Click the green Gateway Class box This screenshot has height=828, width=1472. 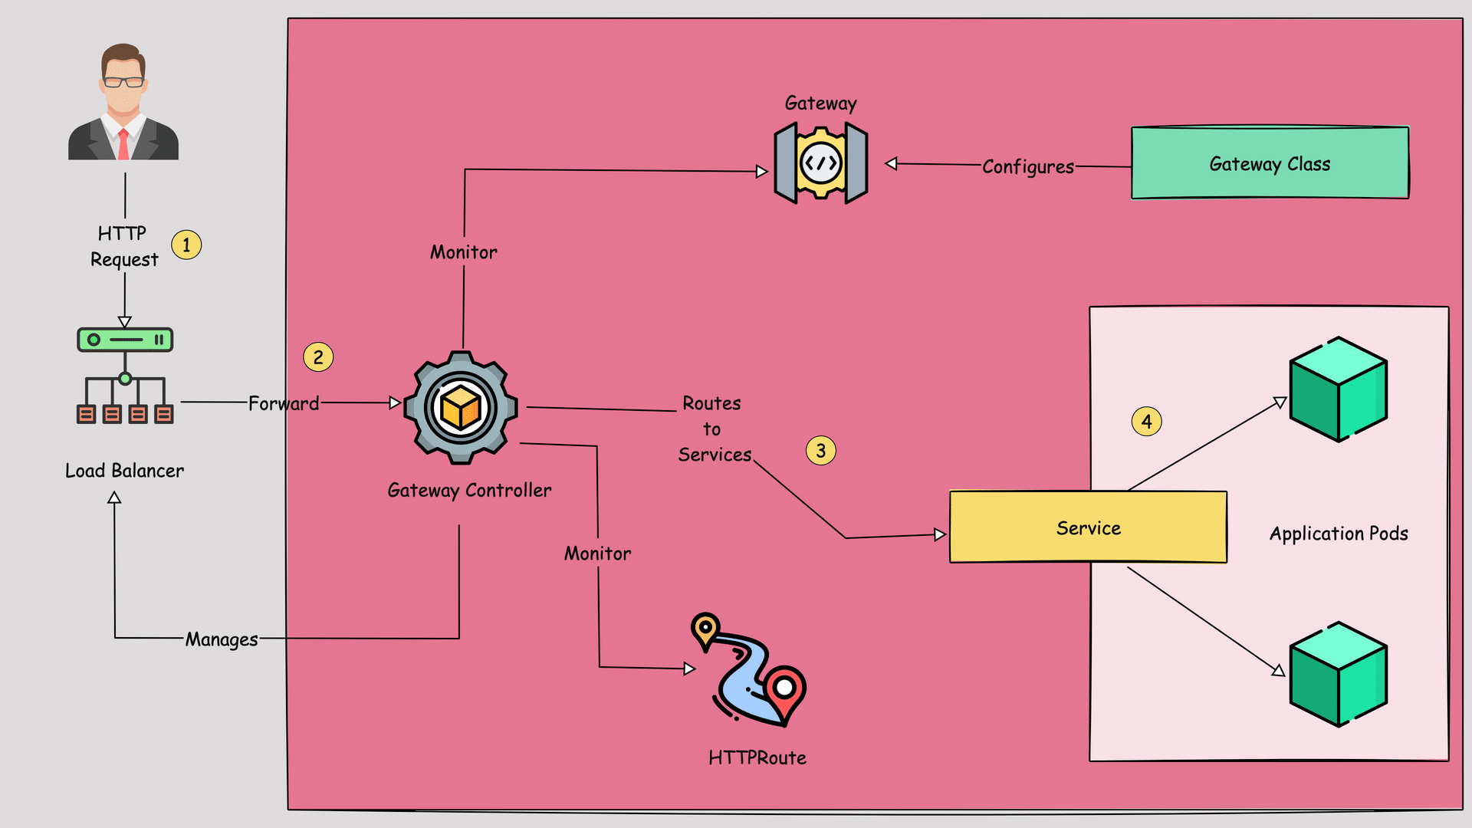pos(1270,163)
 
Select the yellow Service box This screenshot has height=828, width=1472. pos(1088,527)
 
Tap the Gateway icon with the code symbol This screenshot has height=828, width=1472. pos(821,163)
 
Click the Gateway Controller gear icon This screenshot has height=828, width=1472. pos(461,407)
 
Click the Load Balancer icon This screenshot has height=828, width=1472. pos(125,376)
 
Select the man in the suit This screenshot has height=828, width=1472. pos(123,101)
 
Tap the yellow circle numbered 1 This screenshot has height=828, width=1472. pos(186,245)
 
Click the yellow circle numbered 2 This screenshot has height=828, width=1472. pos(318,357)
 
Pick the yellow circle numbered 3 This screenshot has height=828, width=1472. pos(821,451)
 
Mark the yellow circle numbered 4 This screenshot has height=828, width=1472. pos(1147,421)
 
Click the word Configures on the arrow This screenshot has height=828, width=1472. pos(1028,166)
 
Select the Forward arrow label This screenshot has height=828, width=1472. pos(284,403)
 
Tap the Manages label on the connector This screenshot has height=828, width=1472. pos(222,639)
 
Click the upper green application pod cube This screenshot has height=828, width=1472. pos(1339,389)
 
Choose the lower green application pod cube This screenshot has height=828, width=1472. pos(1339,675)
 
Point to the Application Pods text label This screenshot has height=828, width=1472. pos(1339,534)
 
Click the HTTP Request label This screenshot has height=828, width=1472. pos(124,246)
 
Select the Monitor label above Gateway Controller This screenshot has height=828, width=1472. pos(464,252)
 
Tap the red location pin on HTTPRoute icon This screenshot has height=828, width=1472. pos(784,692)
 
